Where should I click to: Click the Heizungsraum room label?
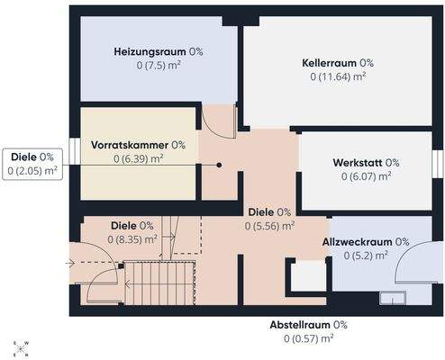pyautogui.click(x=158, y=52)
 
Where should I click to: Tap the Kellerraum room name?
pyautogui.click(x=338, y=63)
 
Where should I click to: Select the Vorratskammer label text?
pyautogui.click(x=138, y=144)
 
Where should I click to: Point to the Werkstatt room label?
pyautogui.click(x=366, y=162)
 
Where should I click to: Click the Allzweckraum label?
pyautogui.click(x=366, y=241)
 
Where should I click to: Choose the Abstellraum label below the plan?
pyautogui.click(x=309, y=324)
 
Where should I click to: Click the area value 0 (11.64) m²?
pyautogui.click(x=338, y=77)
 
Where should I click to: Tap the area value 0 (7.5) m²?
pyautogui.click(x=158, y=67)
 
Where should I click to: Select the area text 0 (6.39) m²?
pyautogui.click(x=138, y=158)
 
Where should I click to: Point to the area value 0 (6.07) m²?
pyautogui.click(x=366, y=176)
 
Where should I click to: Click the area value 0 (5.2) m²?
pyautogui.click(x=366, y=256)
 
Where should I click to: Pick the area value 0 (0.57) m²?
pyautogui.click(x=309, y=338)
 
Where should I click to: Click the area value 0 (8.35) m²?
pyautogui.click(x=132, y=239)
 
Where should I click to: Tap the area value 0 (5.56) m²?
pyautogui.click(x=269, y=226)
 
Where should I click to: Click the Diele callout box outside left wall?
pyautogui.click(x=32, y=163)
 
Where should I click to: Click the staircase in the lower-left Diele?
pyautogui.click(x=158, y=283)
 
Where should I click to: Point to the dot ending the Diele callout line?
pyautogui.click(x=218, y=165)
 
